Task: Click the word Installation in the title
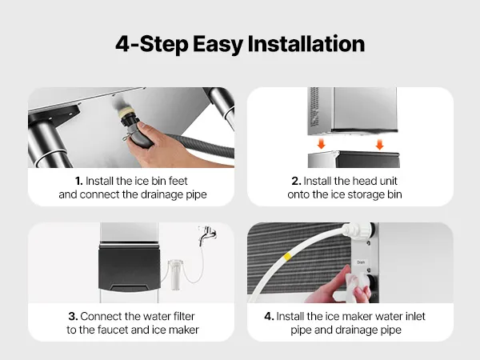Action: pyautogui.click(x=306, y=44)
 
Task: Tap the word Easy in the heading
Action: pyautogui.click(x=218, y=45)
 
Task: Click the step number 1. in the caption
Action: pyautogui.click(x=79, y=181)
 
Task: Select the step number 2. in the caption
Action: pyautogui.click(x=296, y=181)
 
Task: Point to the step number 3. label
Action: pyautogui.click(x=73, y=316)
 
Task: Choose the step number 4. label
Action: pyautogui.click(x=269, y=316)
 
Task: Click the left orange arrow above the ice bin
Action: pyautogui.click(x=321, y=143)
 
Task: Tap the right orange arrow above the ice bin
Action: pyautogui.click(x=379, y=144)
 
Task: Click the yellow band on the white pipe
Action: pyautogui.click(x=287, y=257)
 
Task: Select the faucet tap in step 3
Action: pyautogui.click(x=207, y=234)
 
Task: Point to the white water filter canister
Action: pyautogui.click(x=176, y=274)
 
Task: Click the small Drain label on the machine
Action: pyautogui.click(x=361, y=262)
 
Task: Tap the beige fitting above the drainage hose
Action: pyautogui.click(x=126, y=112)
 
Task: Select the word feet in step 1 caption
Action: pyautogui.click(x=178, y=181)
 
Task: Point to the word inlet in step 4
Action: pyautogui.click(x=415, y=316)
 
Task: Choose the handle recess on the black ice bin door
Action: pyautogui.click(x=130, y=288)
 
